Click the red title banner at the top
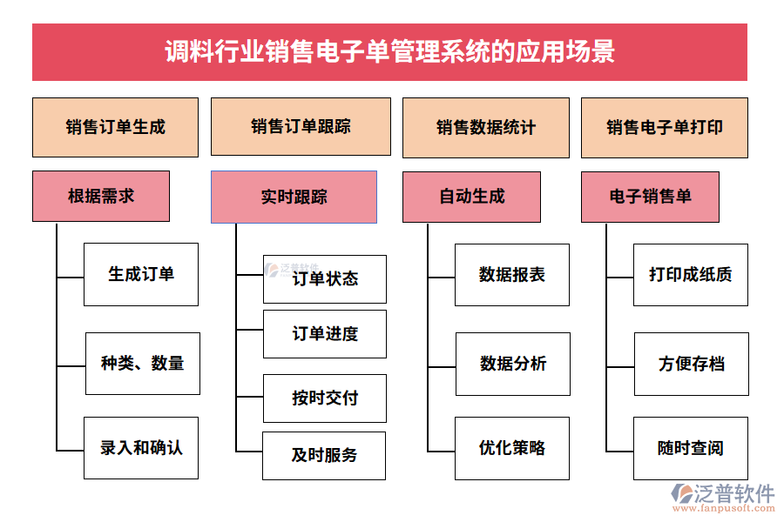click(389, 51)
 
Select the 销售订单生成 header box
click(115, 127)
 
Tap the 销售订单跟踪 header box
click(301, 127)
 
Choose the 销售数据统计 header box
click(485, 127)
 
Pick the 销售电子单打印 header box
click(664, 127)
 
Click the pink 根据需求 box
click(101, 196)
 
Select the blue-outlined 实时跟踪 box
click(294, 197)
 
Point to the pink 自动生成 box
click(471, 197)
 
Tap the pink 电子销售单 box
click(650, 197)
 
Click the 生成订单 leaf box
click(141, 274)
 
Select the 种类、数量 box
click(142, 364)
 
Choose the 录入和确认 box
click(141, 448)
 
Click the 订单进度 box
click(324, 333)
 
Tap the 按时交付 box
click(324, 398)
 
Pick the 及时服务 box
click(324, 455)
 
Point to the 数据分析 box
click(512, 364)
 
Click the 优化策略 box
click(512, 448)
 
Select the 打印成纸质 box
click(690, 274)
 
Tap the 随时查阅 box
click(690, 448)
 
